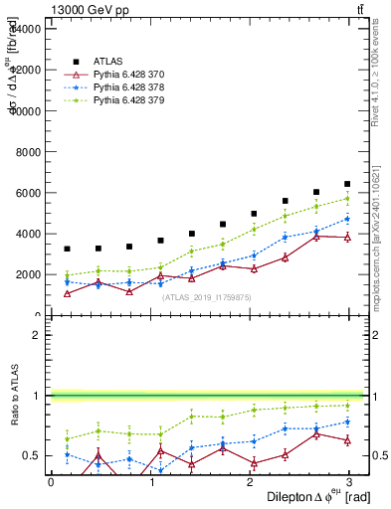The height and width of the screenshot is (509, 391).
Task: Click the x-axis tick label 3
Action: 351,482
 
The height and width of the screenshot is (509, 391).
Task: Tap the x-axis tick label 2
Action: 251,482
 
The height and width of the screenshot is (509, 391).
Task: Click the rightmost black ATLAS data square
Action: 347,184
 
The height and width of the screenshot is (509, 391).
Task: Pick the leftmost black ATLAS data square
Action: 67,249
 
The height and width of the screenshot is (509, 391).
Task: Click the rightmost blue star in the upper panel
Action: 347,219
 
